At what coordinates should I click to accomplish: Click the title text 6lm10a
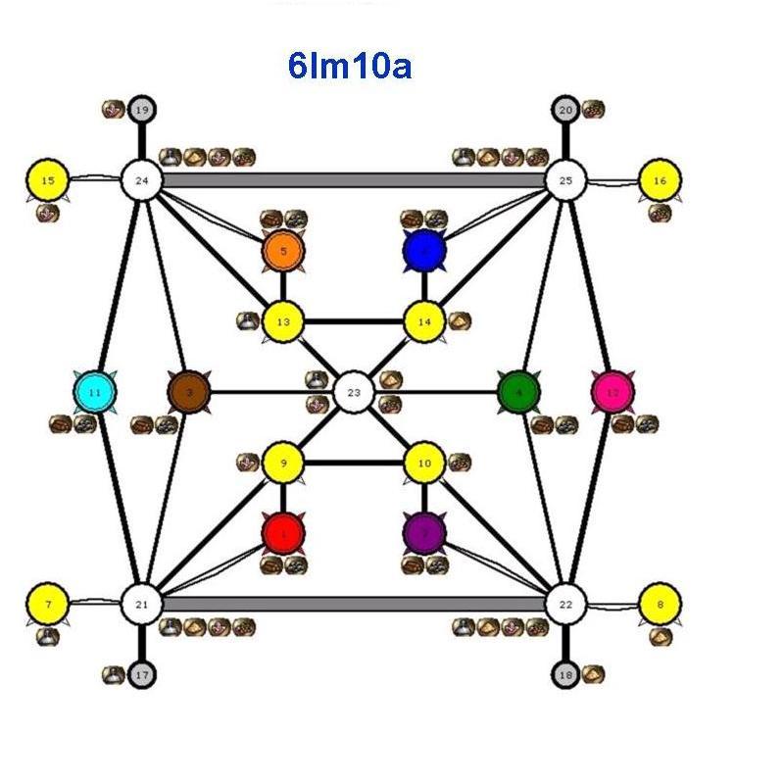(349, 67)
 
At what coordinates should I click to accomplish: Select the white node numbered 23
(354, 392)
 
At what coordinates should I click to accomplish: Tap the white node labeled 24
(141, 180)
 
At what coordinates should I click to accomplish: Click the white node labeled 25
(564, 180)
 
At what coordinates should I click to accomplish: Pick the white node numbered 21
(141, 604)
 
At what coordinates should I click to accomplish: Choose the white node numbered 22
(564, 604)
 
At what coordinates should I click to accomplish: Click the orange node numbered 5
(283, 251)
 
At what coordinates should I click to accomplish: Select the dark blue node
(423, 251)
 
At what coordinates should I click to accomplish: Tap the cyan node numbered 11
(95, 392)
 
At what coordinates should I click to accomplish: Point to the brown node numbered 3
(189, 392)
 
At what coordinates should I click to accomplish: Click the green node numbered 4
(518, 392)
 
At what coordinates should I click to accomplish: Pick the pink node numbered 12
(612, 392)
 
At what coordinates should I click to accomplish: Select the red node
(283, 533)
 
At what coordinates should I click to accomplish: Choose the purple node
(423, 533)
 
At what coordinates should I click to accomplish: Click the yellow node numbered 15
(47, 180)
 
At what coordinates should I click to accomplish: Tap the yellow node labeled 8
(660, 604)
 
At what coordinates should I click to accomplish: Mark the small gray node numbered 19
(141, 109)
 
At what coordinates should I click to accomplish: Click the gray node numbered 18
(564, 674)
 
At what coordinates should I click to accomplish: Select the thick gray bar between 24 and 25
(353, 180)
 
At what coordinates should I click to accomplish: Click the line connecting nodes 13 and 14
(353, 321)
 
